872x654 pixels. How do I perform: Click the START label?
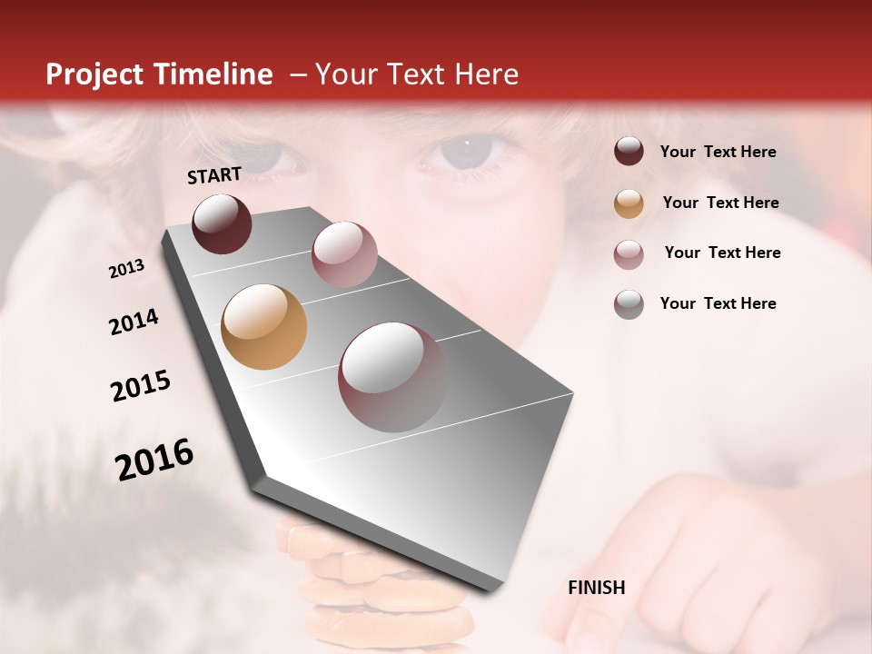tap(214, 175)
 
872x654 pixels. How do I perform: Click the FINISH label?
tap(596, 588)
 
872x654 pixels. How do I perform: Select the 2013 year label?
tap(127, 269)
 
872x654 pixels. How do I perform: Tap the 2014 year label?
tap(134, 322)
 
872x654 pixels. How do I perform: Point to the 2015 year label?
tap(141, 386)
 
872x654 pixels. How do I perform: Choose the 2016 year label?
tap(154, 460)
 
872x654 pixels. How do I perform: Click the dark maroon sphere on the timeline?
tap(222, 223)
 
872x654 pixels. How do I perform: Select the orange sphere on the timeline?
tap(263, 327)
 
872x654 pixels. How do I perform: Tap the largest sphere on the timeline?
tap(392, 376)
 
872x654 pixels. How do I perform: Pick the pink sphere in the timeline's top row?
tap(343, 254)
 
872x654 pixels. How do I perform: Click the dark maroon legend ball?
tap(629, 152)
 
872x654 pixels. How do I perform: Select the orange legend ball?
tap(629, 203)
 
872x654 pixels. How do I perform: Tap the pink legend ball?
tap(629, 253)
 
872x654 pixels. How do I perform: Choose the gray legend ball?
tap(629, 303)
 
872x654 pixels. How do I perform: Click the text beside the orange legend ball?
tap(720, 203)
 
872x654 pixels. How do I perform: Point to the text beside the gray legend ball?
tap(718, 303)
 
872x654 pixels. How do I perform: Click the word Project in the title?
tap(94, 74)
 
